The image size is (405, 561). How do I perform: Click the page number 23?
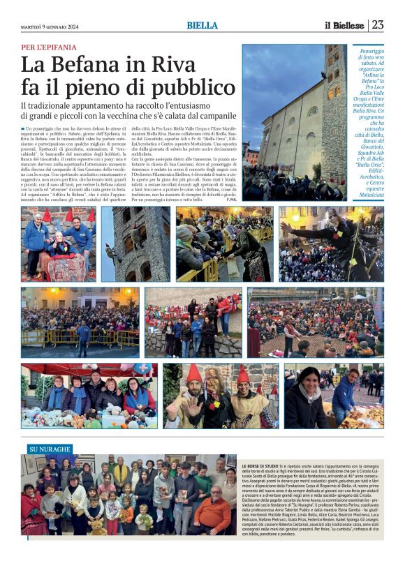pos(377,25)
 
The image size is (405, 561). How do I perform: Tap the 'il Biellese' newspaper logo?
pos(344,25)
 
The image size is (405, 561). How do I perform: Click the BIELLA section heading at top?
pos(202,26)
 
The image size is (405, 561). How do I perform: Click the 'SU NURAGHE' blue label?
pos(49,449)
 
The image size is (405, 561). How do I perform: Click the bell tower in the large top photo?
pos(334,84)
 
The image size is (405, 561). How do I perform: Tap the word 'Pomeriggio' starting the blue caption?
pos(365,52)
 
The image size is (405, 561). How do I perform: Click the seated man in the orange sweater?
pos(212,513)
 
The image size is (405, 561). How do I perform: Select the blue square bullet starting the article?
pos(23,129)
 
